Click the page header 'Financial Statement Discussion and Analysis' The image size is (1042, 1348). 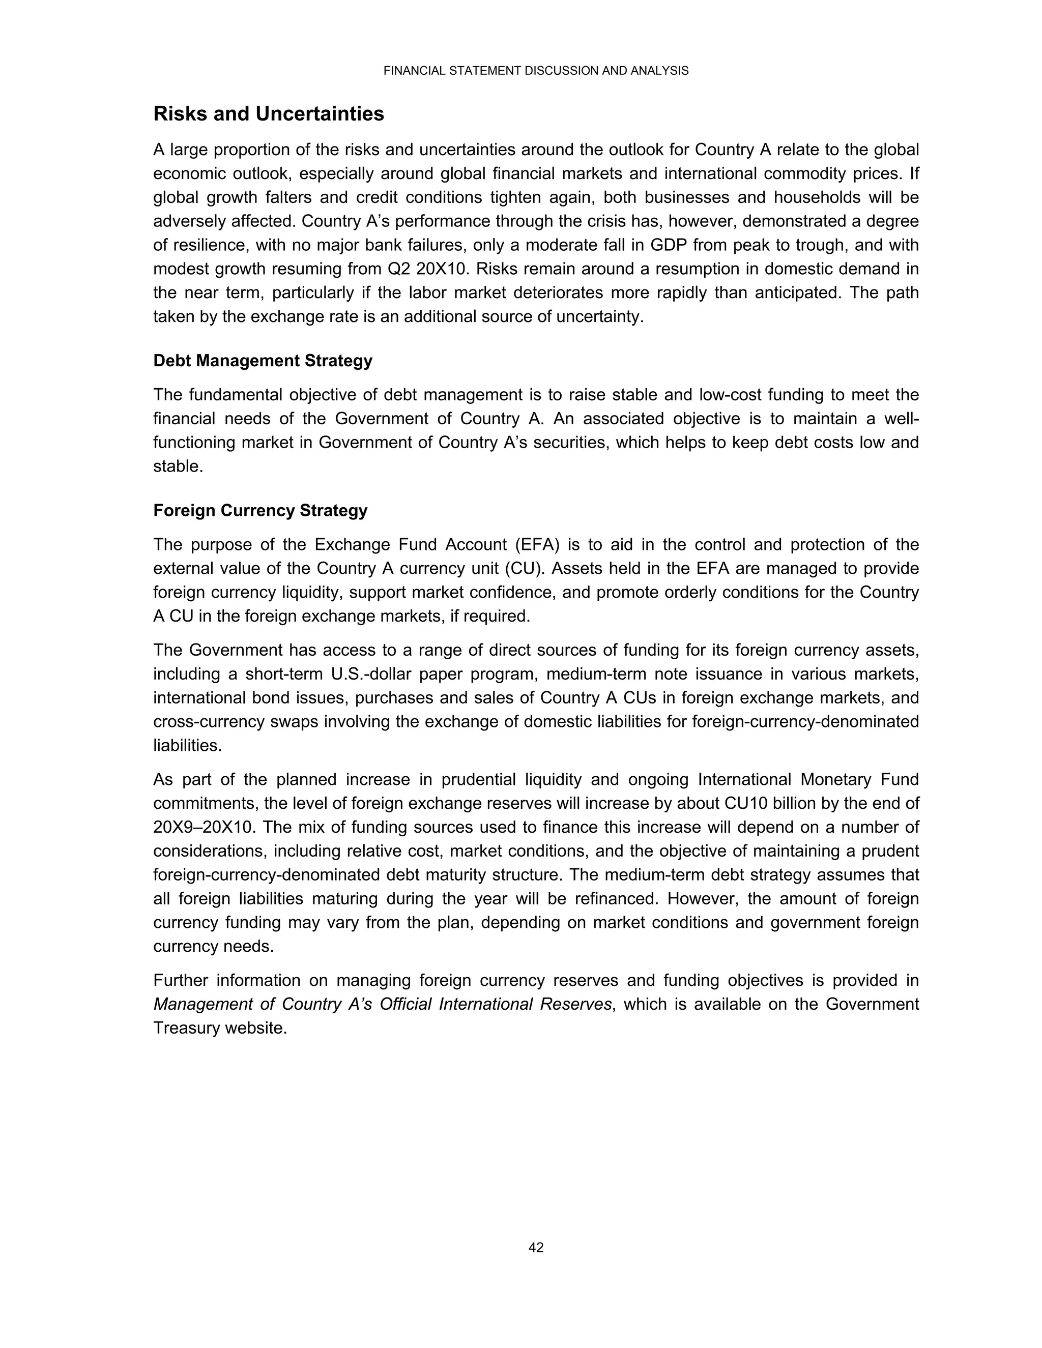535,71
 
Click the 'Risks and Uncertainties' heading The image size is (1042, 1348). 269,114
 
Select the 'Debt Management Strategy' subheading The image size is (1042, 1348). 263,361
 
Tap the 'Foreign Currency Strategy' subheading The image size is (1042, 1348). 260,511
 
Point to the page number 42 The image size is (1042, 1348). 536,1247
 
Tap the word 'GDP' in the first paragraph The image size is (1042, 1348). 669,245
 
